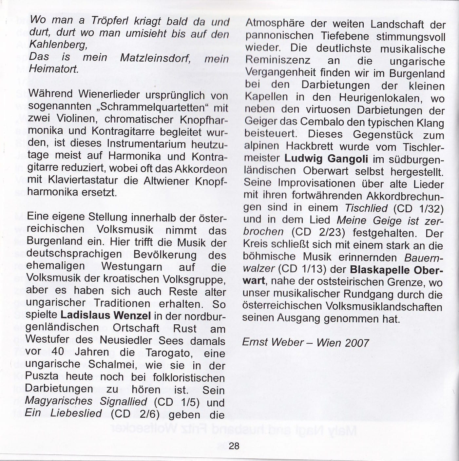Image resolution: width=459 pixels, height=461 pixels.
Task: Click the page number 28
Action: coord(234,446)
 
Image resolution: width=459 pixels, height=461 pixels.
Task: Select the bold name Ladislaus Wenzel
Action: coord(105,316)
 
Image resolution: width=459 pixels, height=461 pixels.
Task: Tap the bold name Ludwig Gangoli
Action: coord(326,159)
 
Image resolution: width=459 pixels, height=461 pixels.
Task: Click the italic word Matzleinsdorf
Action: coord(156,58)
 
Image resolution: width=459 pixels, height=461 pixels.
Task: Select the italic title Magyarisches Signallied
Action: coord(86,401)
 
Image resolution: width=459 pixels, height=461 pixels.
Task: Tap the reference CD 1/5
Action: coord(177,402)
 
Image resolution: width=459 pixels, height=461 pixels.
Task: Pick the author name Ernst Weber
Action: coord(273,342)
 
